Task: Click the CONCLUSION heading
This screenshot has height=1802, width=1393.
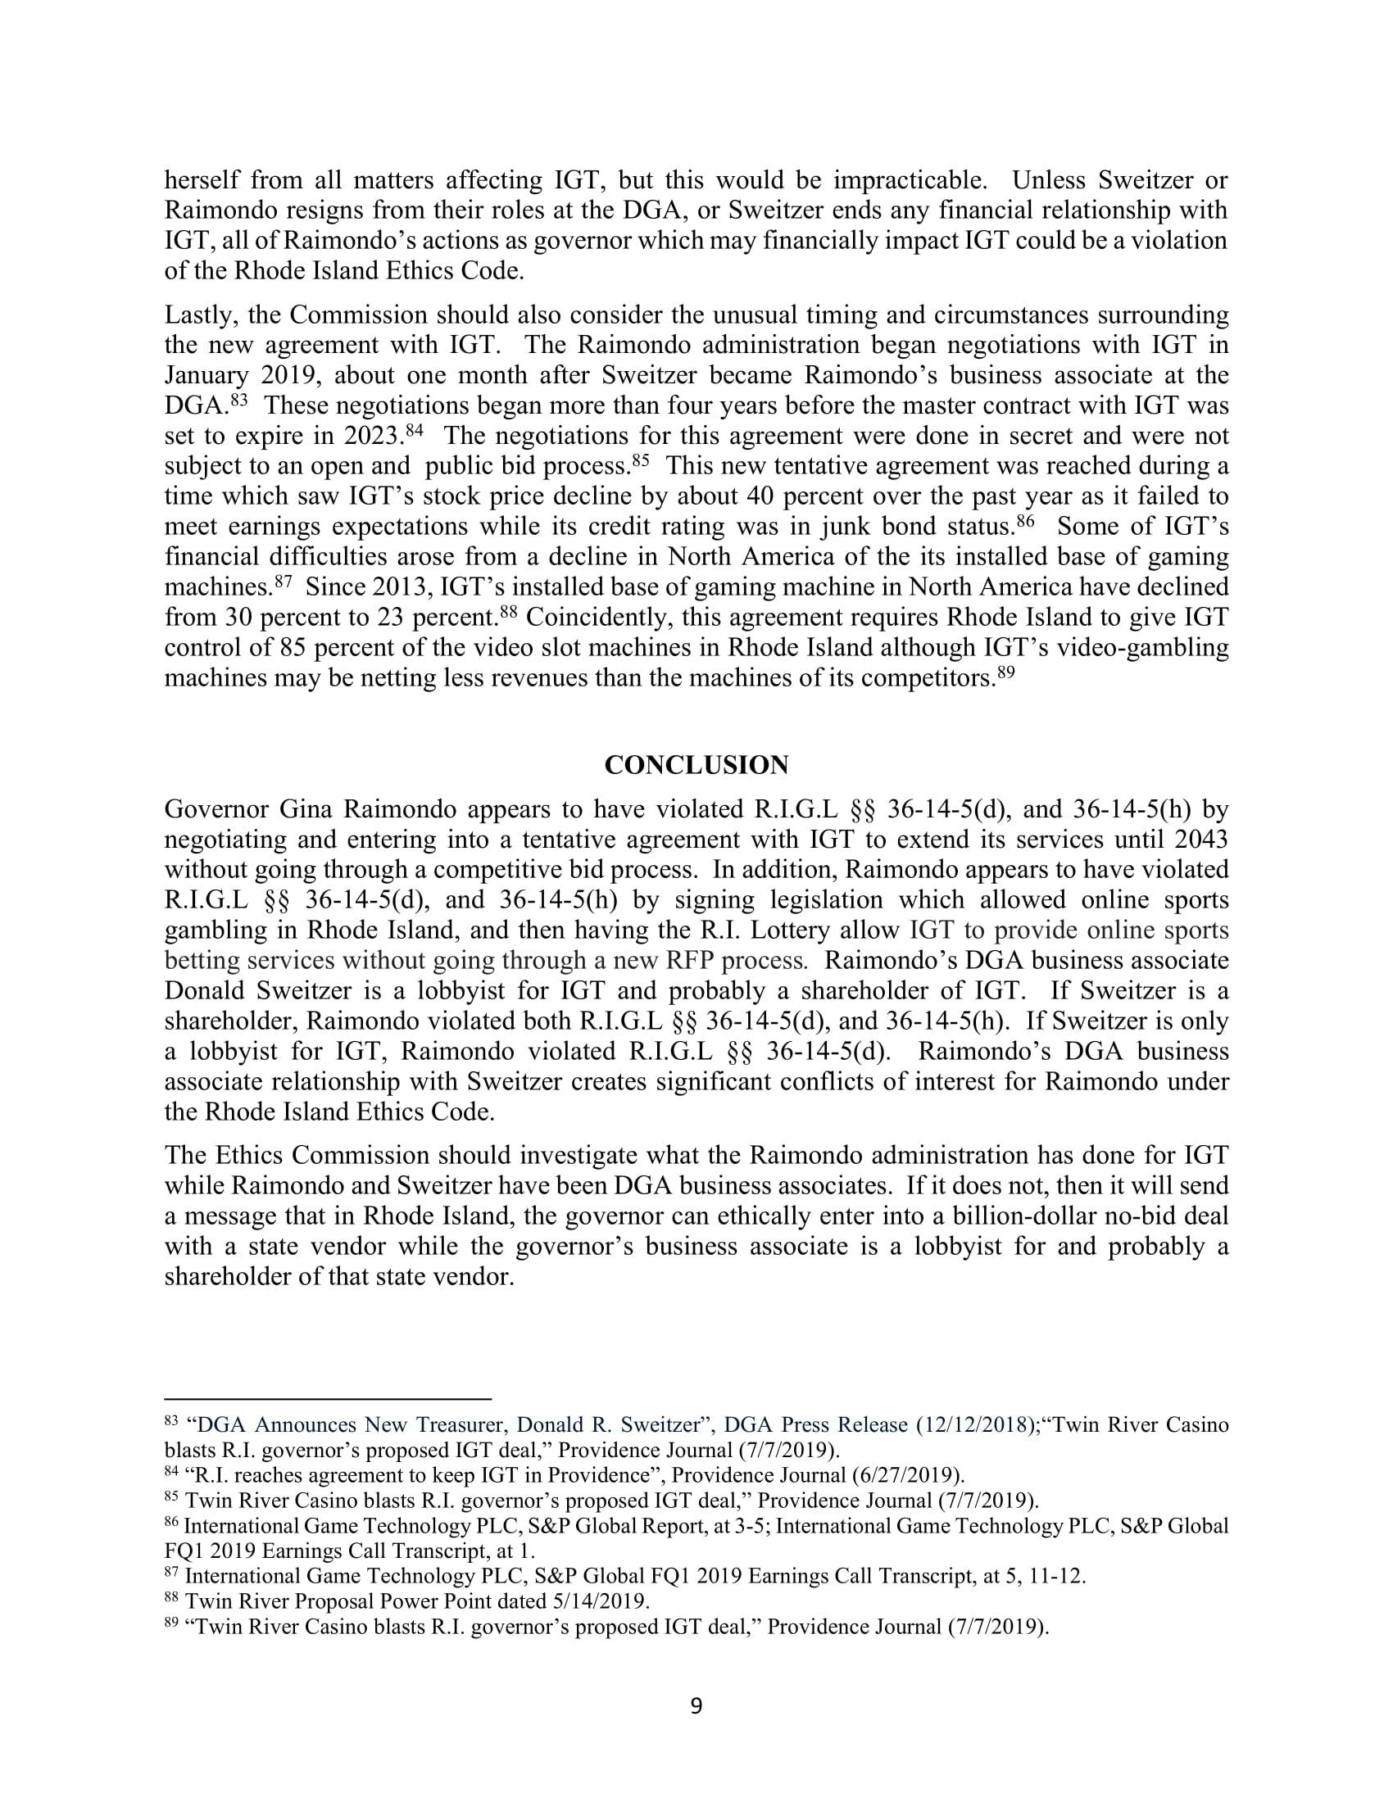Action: click(x=696, y=765)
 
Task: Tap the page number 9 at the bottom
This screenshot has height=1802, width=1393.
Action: click(x=696, y=1705)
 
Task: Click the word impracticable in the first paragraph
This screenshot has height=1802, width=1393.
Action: click(x=909, y=180)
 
